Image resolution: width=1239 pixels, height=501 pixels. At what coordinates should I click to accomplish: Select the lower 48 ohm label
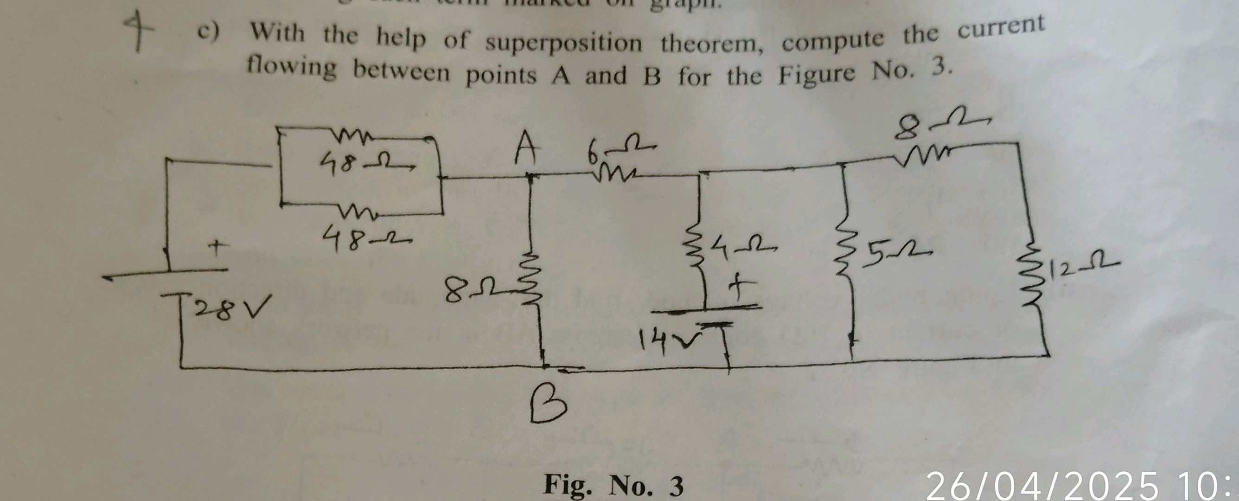(365, 238)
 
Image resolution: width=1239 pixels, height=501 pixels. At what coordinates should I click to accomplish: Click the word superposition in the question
(563, 44)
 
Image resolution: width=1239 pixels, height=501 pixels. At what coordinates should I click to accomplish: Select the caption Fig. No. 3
(613, 485)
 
